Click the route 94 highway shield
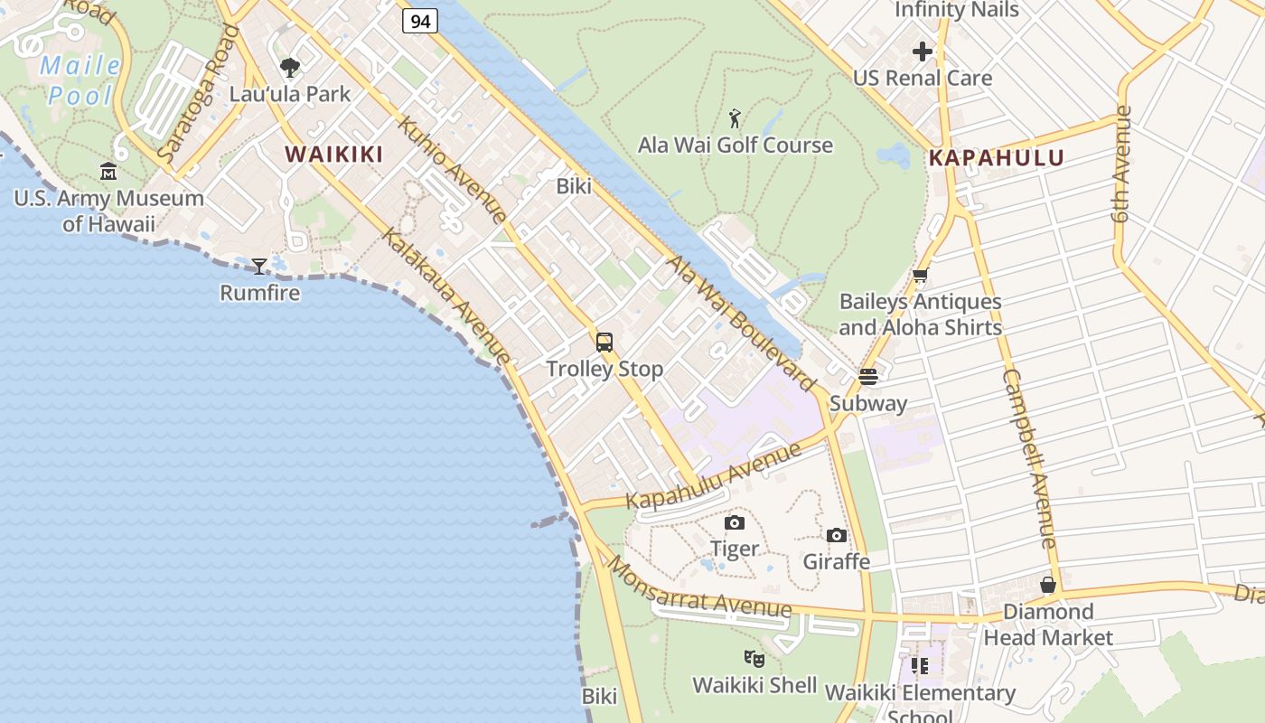[420, 20]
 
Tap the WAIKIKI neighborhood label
[334, 155]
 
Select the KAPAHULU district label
[997, 158]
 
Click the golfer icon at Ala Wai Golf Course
[736, 118]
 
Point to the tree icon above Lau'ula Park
[290, 68]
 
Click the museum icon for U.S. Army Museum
[108, 172]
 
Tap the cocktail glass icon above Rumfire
[259, 267]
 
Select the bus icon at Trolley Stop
[604, 343]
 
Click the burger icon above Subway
[868, 377]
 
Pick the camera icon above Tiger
[735, 522]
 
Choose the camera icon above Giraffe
[837, 535]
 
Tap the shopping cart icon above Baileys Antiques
[920, 276]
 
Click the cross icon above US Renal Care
[923, 52]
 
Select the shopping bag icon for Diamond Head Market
[1048, 586]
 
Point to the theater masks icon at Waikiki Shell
[754, 659]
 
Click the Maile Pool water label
[81, 80]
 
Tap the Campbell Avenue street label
[1030, 458]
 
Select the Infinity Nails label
[957, 11]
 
